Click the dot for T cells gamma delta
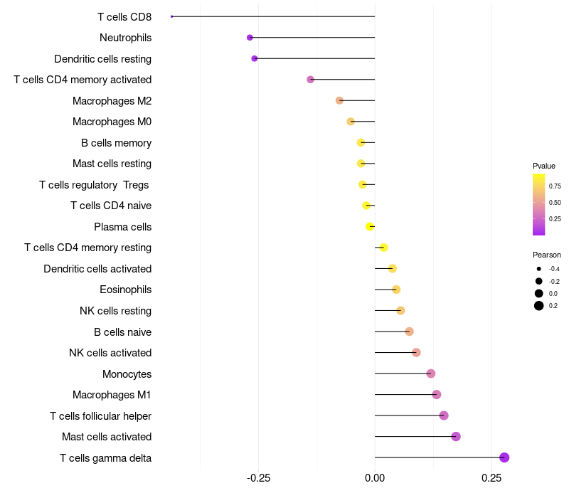coord(504,457)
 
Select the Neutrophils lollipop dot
coord(250,37)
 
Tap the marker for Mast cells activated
coord(456,437)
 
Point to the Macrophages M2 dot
coord(339,100)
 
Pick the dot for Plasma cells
coord(369,227)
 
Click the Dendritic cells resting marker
coord(255,58)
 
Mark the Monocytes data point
coord(430,373)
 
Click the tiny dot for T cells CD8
coord(172,16)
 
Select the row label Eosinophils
coord(125,290)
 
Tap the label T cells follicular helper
coord(100,415)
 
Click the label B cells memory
coord(116,143)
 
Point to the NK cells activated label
coord(110,353)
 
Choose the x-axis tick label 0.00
coord(375,477)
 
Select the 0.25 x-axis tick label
coord(491,477)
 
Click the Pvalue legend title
coord(544,166)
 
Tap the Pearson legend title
coord(547,255)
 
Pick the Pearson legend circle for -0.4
coord(539,269)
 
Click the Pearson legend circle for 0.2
coord(539,306)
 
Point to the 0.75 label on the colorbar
coord(555,186)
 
